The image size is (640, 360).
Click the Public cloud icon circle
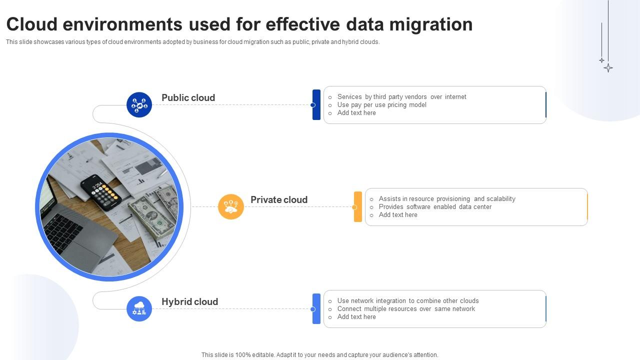pos(139,105)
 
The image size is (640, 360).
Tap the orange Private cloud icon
pos(231,206)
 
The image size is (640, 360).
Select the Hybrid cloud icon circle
pos(139,308)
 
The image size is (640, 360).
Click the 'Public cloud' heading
pos(188,97)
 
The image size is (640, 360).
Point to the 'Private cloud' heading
pos(279,199)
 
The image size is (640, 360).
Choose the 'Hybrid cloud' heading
pos(189,301)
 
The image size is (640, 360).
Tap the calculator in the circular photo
pos(101,192)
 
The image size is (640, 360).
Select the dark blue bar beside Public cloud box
pos(316,105)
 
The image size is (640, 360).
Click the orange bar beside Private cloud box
pos(358,206)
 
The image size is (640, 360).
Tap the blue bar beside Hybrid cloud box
pos(316,308)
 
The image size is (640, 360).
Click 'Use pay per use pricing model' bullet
pos(381,105)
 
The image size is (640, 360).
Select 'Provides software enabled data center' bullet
pos(435,206)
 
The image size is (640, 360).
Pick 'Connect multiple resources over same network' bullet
pos(406,308)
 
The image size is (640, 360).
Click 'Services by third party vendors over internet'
pos(401,97)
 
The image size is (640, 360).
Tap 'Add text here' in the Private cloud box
pos(398,214)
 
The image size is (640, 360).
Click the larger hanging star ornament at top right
pos(608,67)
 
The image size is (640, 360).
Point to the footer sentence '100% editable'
pos(319,355)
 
